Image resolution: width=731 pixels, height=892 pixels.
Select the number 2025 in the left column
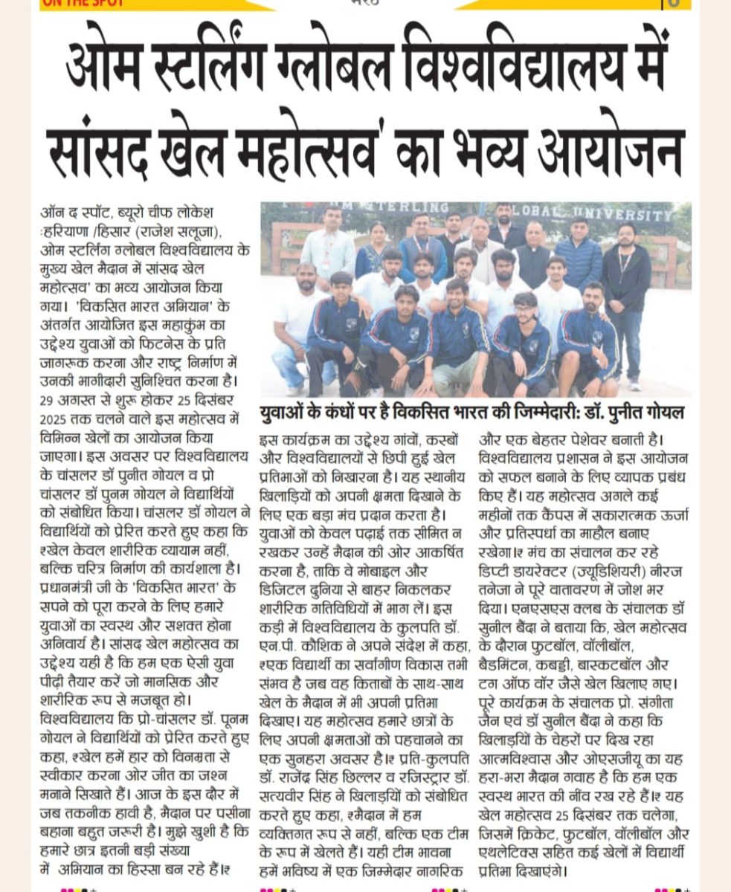pos(55,418)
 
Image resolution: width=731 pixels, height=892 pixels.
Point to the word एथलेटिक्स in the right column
pos(509,853)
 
